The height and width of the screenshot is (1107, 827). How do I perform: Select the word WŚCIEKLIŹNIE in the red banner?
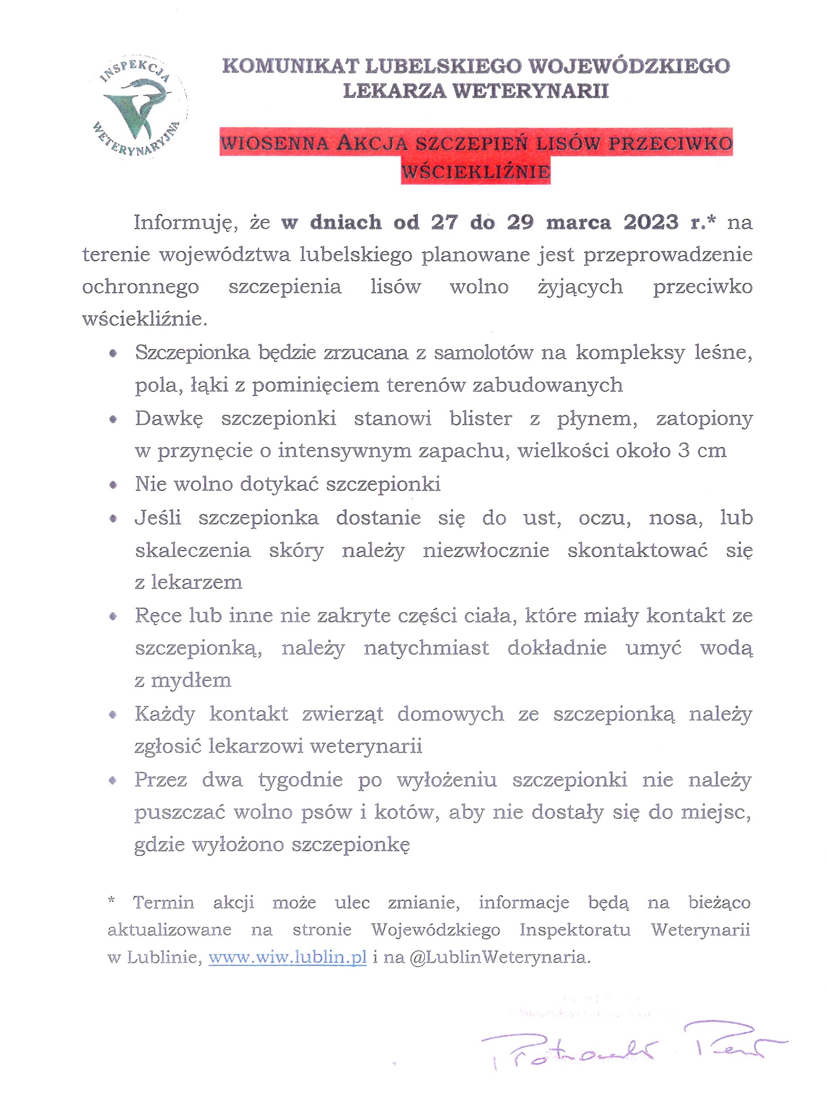click(x=476, y=172)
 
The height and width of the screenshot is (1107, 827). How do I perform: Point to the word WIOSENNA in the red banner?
click(x=274, y=144)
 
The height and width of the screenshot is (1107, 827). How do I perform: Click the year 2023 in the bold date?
click(x=651, y=222)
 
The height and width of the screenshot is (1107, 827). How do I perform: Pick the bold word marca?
click(x=578, y=222)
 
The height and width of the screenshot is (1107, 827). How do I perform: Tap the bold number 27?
click(x=445, y=222)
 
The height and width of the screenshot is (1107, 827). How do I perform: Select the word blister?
click(x=481, y=418)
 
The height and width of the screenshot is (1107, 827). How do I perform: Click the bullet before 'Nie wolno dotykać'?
click(x=114, y=485)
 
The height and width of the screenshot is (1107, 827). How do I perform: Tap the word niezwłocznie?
click(x=486, y=550)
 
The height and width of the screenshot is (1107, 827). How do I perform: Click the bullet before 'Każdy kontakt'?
click(x=114, y=715)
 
